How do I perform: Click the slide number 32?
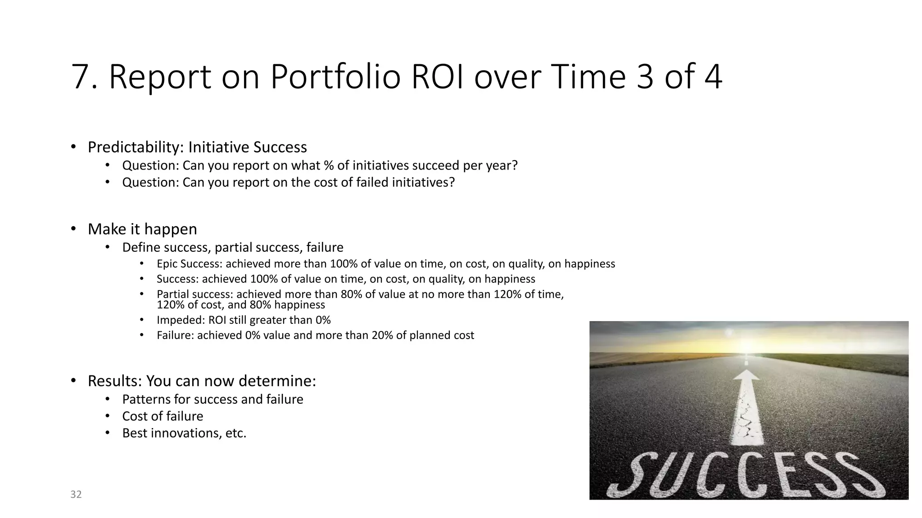point(76,495)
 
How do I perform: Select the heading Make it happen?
point(142,229)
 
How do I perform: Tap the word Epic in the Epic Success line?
point(167,264)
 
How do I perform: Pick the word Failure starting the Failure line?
point(175,335)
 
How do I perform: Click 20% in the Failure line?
point(382,335)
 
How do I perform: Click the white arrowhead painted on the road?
point(746,376)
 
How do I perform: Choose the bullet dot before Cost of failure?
point(107,416)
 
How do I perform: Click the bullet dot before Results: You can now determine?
point(73,381)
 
